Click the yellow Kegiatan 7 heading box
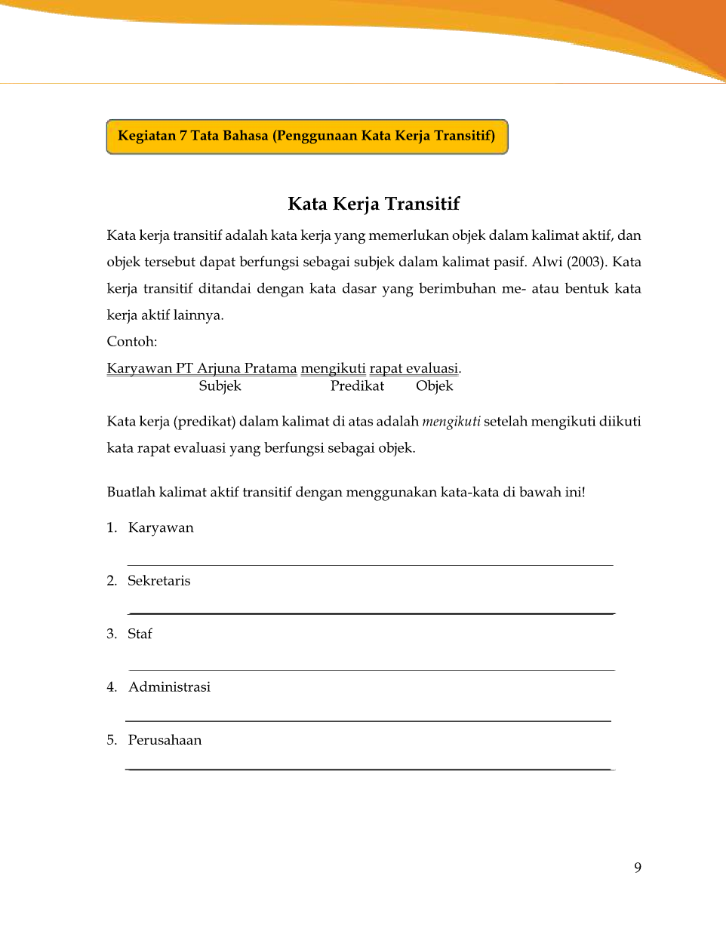click(306, 137)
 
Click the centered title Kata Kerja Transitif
click(374, 204)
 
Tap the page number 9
click(638, 868)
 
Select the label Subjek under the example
click(220, 386)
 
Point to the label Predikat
click(357, 386)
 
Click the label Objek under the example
click(434, 386)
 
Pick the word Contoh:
click(132, 342)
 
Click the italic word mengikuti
click(451, 422)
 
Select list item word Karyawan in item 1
click(161, 528)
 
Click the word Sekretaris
click(158, 581)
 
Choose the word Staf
click(140, 634)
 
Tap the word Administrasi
click(169, 687)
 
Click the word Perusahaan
click(165, 740)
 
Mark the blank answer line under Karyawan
click(370, 564)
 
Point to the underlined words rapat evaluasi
click(414, 368)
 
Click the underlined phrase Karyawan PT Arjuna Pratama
click(201, 368)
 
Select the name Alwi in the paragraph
click(547, 263)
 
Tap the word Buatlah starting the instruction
click(131, 493)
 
